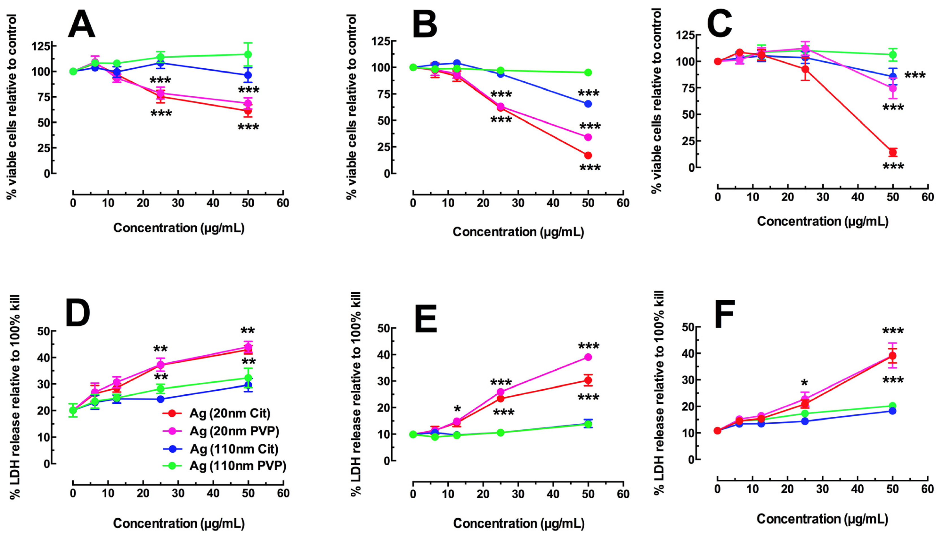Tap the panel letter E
pos(426,319)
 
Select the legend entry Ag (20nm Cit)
pos(229,414)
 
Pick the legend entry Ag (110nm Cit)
pos(233,449)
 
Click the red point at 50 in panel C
pos(893,152)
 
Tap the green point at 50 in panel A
pos(248,55)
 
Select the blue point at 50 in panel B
pos(588,104)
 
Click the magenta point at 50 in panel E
pos(588,357)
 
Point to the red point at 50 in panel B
pos(588,155)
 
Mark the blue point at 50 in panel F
pos(893,411)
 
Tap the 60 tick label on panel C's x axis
pos(927,197)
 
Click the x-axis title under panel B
pos(518,232)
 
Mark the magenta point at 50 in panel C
pos(893,88)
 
